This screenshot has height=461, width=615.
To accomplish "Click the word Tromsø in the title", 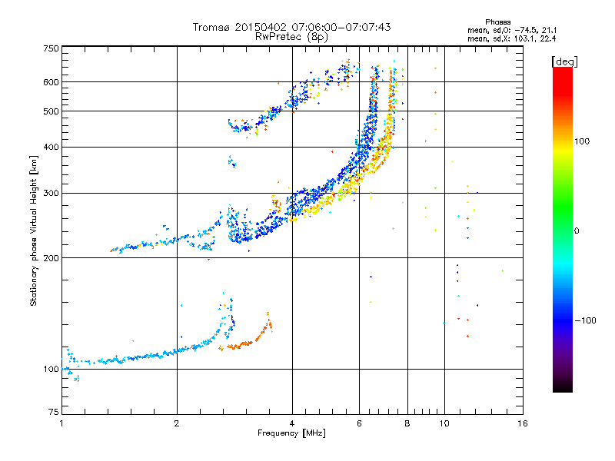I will pyautogui.click(x=211, y=27).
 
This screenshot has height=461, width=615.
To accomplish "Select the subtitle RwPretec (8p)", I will pyautogui.click(x=291, y=36).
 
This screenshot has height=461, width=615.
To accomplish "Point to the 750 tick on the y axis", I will pyautogui.click(x=52, y=48).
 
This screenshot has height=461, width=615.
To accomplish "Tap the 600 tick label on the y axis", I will pyautogui.click(x=52, y=81).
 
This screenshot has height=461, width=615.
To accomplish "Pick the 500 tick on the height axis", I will pyautogui.click(x=52, y=111).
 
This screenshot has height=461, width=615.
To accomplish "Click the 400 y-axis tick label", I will pyautogui.click(x=52, y=147).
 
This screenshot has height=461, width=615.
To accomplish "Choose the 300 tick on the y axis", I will pyautogui.click(x=52, y=193).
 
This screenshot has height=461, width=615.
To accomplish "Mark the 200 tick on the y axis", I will pyautogui.click(x=52, y=257).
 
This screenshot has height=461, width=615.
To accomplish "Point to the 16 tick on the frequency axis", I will pyautogui.click(x=522, y=423).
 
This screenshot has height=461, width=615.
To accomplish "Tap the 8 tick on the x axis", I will pyautogui.click(x=407, y=423).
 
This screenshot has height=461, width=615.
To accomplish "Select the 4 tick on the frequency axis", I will pyautogui.click(x=292, y=423).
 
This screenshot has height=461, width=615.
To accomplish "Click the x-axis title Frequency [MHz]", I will pyautogui.click(x=291, y=433).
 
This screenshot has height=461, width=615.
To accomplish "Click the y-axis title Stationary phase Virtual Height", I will pyautogui.click(x=34, y=230).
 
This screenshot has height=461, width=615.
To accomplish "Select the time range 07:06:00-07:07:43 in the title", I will pyautogui.click(x=335, y=27).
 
